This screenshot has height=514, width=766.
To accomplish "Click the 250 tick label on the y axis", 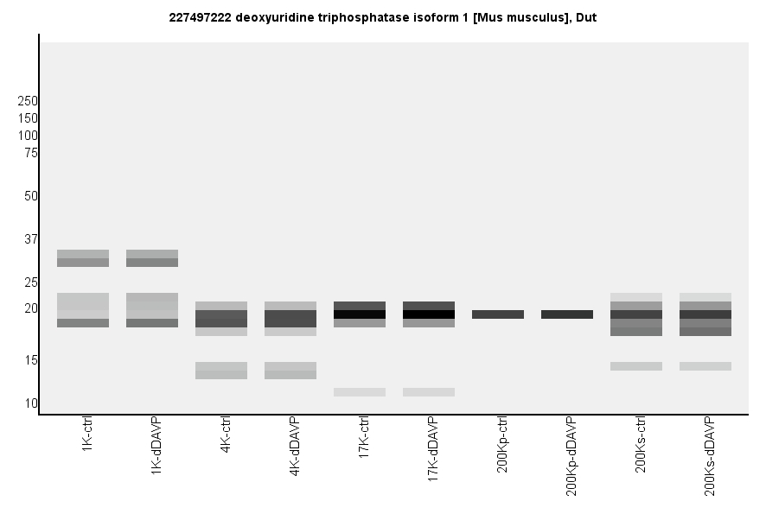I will click(28, 101).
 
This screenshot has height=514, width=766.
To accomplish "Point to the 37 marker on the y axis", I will click(31, 239).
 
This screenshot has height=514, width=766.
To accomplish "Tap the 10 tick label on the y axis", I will click(31, 403).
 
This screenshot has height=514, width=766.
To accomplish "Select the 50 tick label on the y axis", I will click(31, 196).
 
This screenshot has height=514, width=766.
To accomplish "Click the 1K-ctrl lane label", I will click(87, 435).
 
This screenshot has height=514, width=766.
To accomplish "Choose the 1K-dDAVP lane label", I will click(156, 442).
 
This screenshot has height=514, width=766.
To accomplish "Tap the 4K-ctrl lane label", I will click(226, 435).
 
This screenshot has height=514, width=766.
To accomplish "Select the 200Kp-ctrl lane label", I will click(502, 445).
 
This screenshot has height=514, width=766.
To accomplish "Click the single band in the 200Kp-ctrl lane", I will click(498, 314).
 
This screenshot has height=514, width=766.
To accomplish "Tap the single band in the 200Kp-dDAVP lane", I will click(567, 314).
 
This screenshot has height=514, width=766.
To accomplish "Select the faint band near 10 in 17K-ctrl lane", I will click(360, 392).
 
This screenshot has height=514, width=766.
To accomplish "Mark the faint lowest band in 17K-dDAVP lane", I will click(429, 392).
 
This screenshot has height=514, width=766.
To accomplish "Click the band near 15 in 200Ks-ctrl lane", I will click(636, 366).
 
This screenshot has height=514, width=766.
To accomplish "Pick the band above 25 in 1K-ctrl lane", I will click(83, 258).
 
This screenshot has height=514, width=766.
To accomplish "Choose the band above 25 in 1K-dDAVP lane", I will click(152, 258).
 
